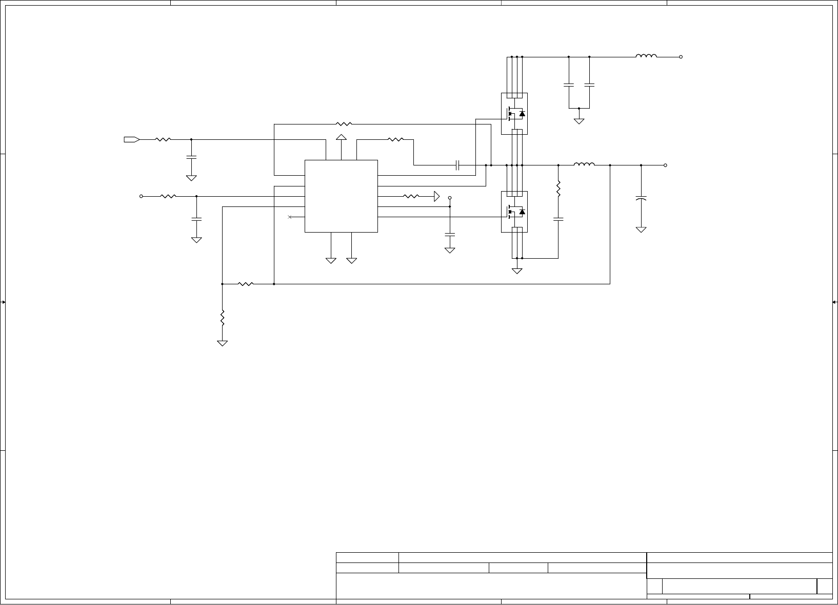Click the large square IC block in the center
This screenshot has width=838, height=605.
coord(341,196)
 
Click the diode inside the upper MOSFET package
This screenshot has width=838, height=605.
coord(522,114)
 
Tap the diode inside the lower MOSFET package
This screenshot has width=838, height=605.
coord(522,211)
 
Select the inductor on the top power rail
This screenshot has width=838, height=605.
coord(646,56)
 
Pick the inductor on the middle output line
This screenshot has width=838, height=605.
coord(584,164)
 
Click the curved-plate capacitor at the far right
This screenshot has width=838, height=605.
coord(641,198)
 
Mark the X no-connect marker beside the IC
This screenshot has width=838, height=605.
coord(290,217)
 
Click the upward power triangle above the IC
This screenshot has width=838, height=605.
coord(341,137)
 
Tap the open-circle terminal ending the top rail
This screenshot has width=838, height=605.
coord(681,57)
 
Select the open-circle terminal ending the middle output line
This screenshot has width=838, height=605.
coord(665,165)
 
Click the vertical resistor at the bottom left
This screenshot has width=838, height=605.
coord(222,318)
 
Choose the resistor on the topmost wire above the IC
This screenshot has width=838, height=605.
coord(344,124)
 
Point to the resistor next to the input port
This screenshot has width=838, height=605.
coord(163,139)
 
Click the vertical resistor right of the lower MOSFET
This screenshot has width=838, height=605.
coord(558,189)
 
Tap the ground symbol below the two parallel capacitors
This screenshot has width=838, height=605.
coord(579,121)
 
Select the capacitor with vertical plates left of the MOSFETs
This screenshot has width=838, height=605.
coord(458,165)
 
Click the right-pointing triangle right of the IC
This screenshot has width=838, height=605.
coord(436,196)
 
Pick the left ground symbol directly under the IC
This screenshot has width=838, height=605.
coord(331,261)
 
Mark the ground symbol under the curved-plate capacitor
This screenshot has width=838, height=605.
coord(641,230)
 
